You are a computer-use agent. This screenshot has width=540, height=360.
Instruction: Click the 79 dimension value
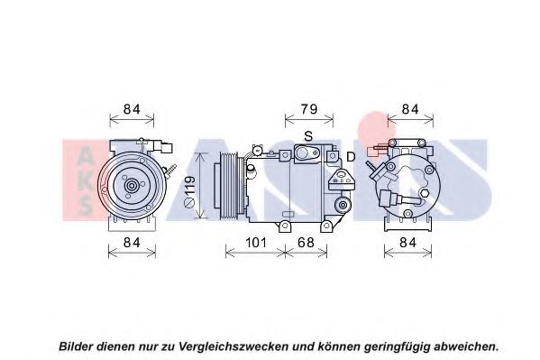(x=309, y=109)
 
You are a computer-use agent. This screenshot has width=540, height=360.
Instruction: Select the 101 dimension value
(x=256, y=243)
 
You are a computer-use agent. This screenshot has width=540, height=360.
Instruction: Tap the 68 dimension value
(x=306, y=243)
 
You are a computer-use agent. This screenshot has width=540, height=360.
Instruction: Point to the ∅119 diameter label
(x=190, y=191)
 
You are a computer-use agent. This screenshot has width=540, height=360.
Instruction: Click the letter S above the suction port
(x=308, y=136)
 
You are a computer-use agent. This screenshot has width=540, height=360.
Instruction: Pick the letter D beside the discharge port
(x=351, y=157)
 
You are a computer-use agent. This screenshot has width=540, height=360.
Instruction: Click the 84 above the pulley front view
(x=132, y=109)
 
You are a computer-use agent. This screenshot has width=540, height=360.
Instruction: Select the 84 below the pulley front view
(x=132, y=243)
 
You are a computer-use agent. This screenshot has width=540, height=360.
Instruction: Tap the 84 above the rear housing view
(x=410, y=109)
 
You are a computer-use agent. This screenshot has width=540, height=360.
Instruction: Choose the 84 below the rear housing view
(x=408, y=243)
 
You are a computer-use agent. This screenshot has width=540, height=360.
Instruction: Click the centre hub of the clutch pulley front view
(x=132, y=186)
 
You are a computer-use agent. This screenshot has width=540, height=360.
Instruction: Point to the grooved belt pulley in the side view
(x=229, y=186)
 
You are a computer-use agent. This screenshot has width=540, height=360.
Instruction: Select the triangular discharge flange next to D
(x=341, y=180)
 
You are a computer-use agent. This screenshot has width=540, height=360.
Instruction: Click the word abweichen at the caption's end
(x=465, y=346)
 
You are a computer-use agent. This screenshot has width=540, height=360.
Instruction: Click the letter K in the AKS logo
(x=85, y=180)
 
